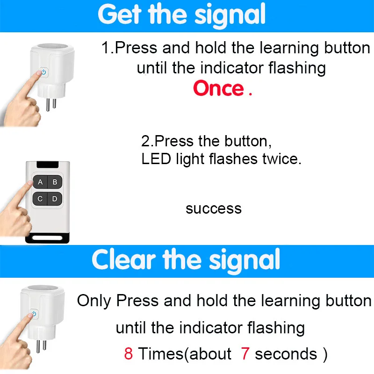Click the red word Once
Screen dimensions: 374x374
click(x=218, y=88)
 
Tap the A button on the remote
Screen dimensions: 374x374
click(x=40, y=182)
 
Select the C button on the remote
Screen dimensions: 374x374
click(x=40, y=199)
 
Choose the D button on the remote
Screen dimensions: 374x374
click(x=55, y=199)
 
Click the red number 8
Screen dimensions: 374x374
click(x=128, y=353)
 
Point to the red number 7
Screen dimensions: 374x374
click(x=245, y=353)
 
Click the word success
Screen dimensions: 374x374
click(x=214, y=209)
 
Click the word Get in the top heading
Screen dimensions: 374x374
click(x=120, y=14)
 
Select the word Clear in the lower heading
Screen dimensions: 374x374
click(x=124, y=259)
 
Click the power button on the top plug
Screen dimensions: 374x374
click(x=44, y=72)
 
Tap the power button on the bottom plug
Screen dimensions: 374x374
click(x=34, y=314)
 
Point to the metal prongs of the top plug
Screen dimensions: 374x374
click(x=51, y=104)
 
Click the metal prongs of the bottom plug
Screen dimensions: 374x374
click(x=41, y=346)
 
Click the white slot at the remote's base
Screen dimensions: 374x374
click(x=47, y=238)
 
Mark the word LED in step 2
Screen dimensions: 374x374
click(x=156, y=158)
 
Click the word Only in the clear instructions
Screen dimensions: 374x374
click(x=94, y=301)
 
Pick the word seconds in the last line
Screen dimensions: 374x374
click(x=286, y=354)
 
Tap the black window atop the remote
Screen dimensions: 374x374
click(x=48, y=165)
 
